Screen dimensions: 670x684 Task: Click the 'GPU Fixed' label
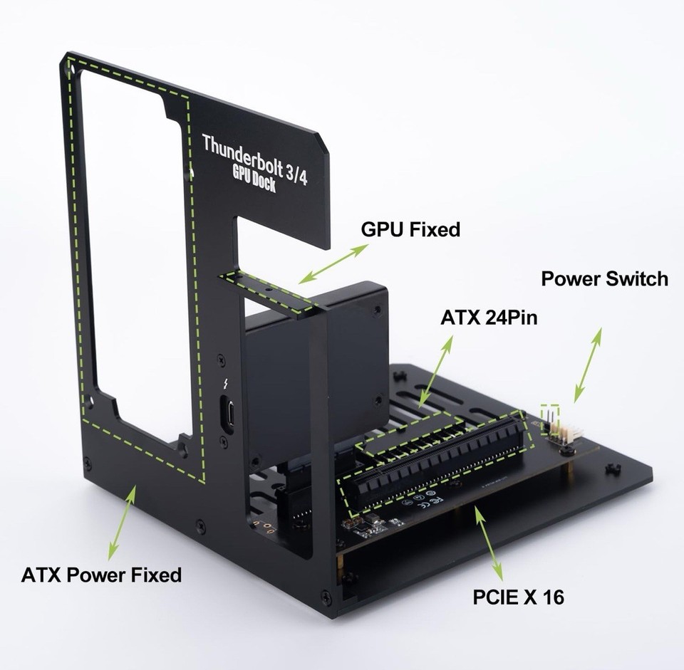410,229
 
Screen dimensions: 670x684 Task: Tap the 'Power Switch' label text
604,278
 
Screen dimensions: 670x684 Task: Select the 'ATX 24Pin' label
489,318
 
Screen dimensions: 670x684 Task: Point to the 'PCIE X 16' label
518,596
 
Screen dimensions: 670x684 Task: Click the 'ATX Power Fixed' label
101,574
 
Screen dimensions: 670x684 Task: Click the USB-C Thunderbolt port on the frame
228,414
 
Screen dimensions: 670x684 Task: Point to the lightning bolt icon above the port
227,385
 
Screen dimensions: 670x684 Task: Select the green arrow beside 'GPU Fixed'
333,264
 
